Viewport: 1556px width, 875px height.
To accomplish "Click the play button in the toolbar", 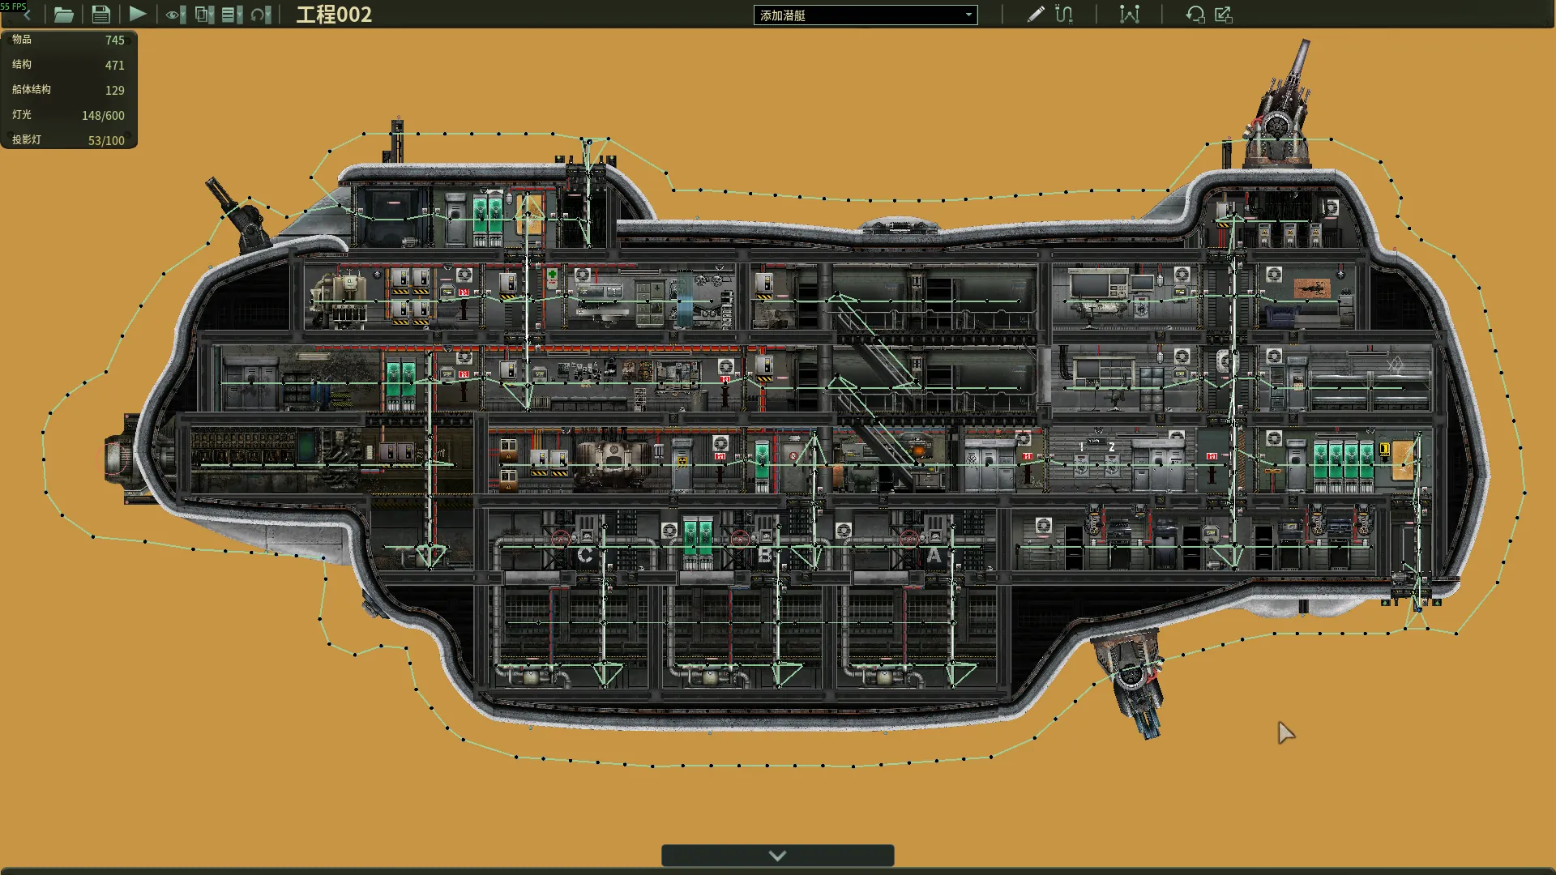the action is [x=138, y=14].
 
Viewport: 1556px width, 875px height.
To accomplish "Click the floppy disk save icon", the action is [x=100, y=14].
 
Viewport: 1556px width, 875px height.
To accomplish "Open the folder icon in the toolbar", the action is [x=63, y=14].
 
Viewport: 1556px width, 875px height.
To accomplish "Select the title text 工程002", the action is [x=334, y=15].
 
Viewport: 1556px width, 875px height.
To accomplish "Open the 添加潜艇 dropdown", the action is [x=866, y=15].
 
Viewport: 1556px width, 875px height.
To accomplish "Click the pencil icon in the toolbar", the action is [x=1036, y=14].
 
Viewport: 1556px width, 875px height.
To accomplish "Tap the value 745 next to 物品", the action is [x=115, y=40].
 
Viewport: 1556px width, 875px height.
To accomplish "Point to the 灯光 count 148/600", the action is [x=103, y=115].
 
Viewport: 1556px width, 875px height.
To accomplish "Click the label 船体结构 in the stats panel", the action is [x=32, y=90].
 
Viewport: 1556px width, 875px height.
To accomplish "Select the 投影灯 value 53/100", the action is [x=106, y=140].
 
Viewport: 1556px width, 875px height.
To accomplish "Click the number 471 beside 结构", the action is [x=115, y=65].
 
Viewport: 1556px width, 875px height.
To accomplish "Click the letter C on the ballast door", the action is [x=584, y=555].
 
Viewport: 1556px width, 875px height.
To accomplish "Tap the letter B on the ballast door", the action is [x=764, y=555].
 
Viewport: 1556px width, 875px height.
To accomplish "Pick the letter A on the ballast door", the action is [x=934, y=555].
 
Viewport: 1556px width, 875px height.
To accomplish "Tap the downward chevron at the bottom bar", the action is [x=777, y=856].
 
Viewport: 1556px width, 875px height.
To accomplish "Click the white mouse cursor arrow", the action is [x=1285, y=732].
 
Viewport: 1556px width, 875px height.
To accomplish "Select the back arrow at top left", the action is [x=27, y=15].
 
